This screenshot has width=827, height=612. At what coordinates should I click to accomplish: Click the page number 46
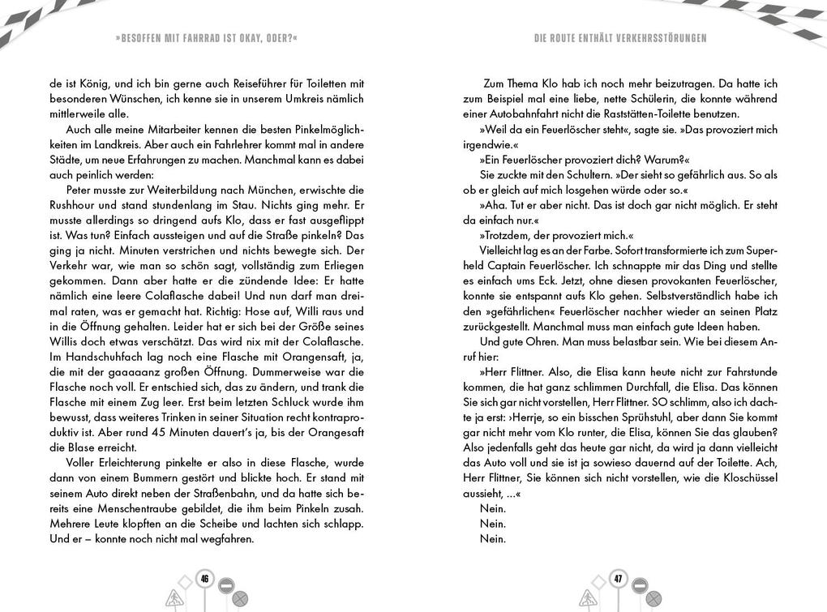(x=204, y=579)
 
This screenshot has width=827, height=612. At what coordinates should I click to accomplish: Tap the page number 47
(x=618, y=579)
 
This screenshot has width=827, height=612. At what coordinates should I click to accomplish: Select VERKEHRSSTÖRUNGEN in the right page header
(x=658, y=38)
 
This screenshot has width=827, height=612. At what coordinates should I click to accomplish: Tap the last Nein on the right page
(x=492, y=538)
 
